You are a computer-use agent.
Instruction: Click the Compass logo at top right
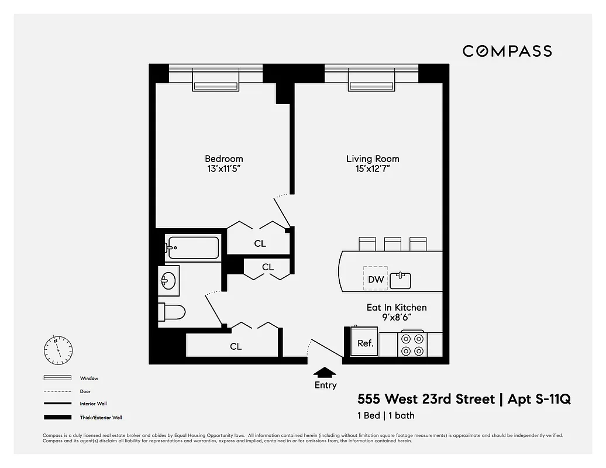pyautogui.click(x=507, y=51)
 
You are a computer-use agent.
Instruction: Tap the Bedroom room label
pyautogui.click(x=223, y=159)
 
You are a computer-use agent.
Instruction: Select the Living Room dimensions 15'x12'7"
pyautogui.click(x=373, y=169)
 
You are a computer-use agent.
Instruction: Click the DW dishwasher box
pyautogui.click(x=376, y=279)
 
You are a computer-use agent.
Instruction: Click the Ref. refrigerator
pyautogui.click(x=365, y=343)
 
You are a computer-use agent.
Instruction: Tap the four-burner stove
pyautogui.click(x=411, y=345)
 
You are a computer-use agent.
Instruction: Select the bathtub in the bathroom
pyautogui.click(x=192, y=247)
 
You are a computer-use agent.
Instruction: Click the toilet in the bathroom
pyautogui.click(x=173, y=312)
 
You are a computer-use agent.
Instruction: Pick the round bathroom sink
pyautogui.click(x=168, y=280)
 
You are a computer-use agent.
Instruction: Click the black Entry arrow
pyautogui.click(x=325, y=372)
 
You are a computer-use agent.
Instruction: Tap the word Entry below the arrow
pyautogui.click(x=325, y=385)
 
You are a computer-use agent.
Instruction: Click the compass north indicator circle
pyautogui.click(x=58, y=350)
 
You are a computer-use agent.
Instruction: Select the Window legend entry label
pyautogui.click(x=89, y=378)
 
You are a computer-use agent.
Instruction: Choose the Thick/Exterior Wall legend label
pyautogui.click(x=101, y=418)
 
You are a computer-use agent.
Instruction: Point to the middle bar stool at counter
pyautogui.click(x=392, y=243)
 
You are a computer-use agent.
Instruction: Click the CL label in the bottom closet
pyautogui.click(x=236, y=346)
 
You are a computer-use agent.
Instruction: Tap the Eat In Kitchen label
pyautogui.click(x=397, y=307)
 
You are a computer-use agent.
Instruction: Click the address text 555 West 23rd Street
pyautogui.click(x=426, y=400)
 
